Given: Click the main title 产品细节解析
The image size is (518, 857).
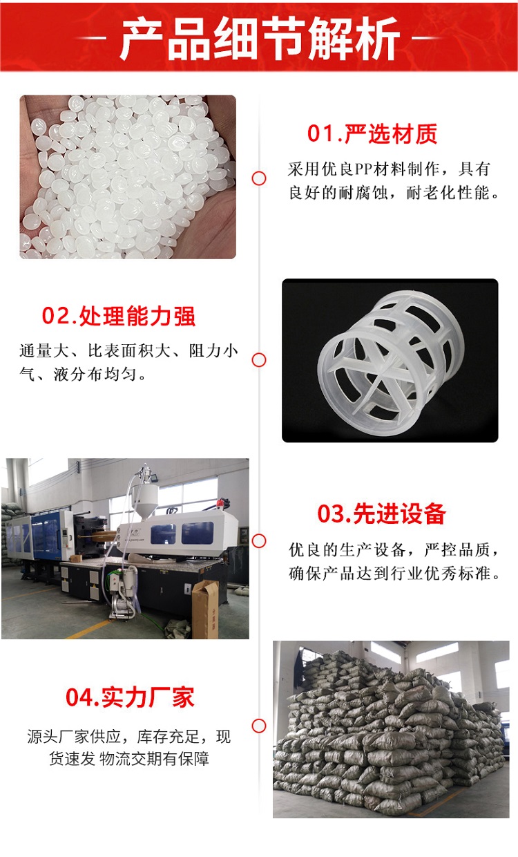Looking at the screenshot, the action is coord(260,38).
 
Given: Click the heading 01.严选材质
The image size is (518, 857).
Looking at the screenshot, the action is coord(372,134).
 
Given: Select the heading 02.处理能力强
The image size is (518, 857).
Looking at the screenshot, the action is coord(119,317).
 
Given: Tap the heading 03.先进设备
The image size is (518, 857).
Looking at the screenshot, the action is coord(381,514).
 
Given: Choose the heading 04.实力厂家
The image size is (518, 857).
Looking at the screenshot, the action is coord(130,697).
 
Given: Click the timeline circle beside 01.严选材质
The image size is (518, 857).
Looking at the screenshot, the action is coord(259,178).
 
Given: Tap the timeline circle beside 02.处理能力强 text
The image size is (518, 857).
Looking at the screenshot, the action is coord(259,360).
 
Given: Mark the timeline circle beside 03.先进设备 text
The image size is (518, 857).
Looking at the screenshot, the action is coord(259,541).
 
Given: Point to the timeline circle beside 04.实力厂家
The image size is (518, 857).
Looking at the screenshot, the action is coord(259,726).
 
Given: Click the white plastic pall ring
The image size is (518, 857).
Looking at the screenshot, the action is coord(390,363).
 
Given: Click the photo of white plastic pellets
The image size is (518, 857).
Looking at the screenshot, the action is coord(128,177).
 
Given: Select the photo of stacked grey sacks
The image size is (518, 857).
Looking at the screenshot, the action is coord(391,730).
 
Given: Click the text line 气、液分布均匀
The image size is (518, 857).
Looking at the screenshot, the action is coord(83,374).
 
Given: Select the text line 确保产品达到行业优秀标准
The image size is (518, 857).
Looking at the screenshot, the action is coord(394,573).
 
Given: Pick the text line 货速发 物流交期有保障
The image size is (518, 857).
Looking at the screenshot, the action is coord(129,758).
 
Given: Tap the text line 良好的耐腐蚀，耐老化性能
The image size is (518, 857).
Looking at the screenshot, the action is coord(394,192).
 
